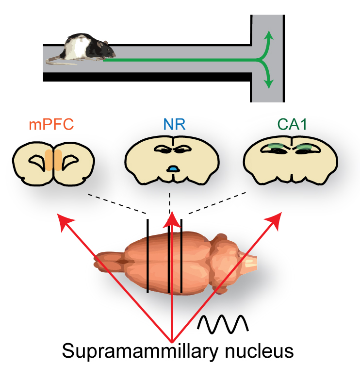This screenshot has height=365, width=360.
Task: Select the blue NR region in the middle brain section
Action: pos(172,168)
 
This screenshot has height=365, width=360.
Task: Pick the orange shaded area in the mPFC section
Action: pos(54,160)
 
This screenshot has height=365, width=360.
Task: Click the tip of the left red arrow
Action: pos(61,216)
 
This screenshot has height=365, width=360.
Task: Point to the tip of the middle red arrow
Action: pos(171,217)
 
